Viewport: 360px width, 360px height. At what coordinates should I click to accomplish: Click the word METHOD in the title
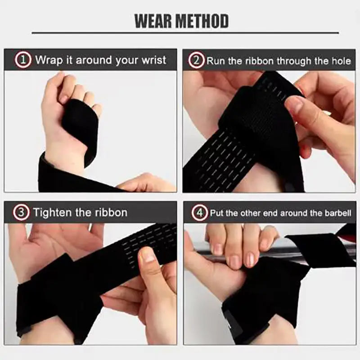[x=204, y=21]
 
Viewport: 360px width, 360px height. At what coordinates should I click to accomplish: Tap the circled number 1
[x=23, y=60]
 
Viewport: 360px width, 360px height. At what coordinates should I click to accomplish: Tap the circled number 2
[x=196, y=60]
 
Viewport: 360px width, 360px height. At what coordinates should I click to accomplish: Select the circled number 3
[x=21, y=212]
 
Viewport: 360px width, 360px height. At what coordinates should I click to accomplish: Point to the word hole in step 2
[x=341, y=61]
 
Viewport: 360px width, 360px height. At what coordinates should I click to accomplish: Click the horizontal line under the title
[x=185, y=33]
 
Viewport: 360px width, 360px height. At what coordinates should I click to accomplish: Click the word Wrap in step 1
[x=48, y=60]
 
